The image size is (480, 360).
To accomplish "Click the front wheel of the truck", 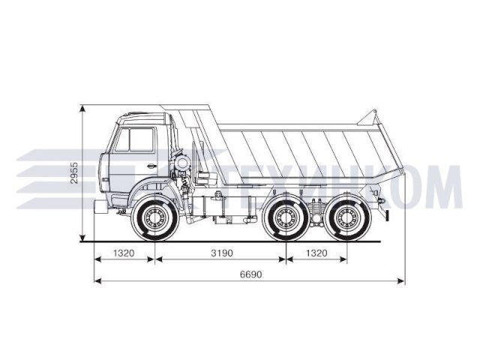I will (156, 219).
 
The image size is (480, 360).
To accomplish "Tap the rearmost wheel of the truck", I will (345, 219).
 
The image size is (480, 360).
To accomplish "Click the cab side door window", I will (139, 140).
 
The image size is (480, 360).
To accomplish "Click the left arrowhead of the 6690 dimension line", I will (97, 281).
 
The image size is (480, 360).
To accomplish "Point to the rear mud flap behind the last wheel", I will (387, 214).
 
